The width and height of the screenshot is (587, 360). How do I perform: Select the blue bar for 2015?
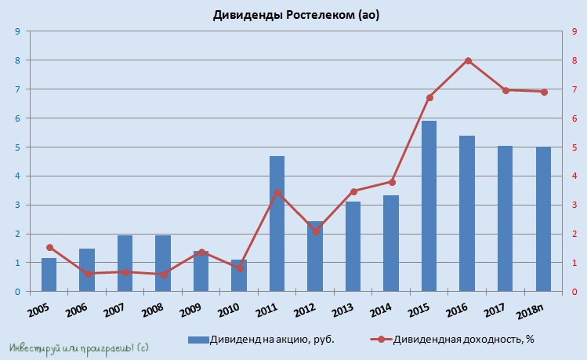(x=429, y=206)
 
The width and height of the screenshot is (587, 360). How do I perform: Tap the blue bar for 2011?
(x=277, y=224)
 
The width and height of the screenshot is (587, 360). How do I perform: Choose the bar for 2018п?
(x=543, y=219)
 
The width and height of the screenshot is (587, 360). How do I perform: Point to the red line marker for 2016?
(x=468, y=60)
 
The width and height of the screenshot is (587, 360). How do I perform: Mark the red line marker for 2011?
(x=277, y=192)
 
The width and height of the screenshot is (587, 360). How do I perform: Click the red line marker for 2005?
(x=49, y=247)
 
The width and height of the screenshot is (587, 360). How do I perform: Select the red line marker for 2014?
(x=392, y=182)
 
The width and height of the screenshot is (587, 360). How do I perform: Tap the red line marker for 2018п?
(x=544, y=92)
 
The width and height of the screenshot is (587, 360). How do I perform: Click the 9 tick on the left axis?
(x=18, y=31)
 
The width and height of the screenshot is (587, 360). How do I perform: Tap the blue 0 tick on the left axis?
(x=18, y=292)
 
